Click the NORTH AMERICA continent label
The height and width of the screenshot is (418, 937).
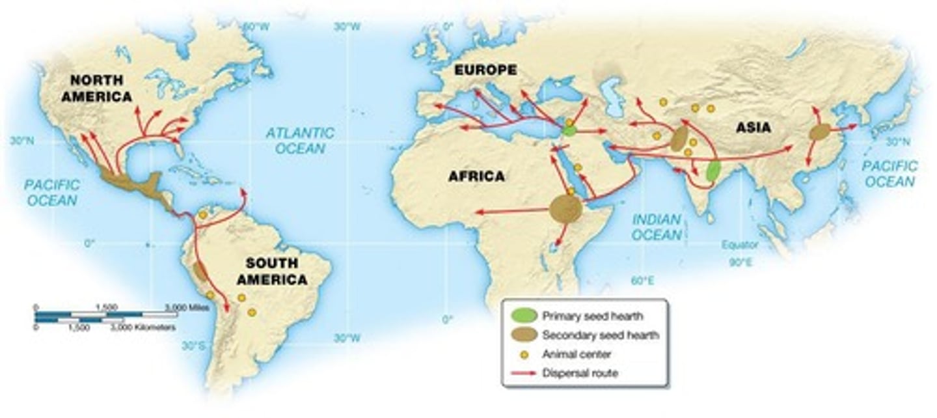point(101,88)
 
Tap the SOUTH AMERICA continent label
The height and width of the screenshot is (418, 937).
point(272,272)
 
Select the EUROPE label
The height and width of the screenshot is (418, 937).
point(485,70)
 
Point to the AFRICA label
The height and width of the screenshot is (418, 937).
point(476,176)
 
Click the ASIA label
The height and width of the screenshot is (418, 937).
point(753,128)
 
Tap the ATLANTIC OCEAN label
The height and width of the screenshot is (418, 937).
point(300,140)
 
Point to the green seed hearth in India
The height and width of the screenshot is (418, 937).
point(713,171)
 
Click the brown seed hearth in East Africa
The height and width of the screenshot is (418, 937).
point(565,210)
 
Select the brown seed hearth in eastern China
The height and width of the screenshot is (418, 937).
point(820,132)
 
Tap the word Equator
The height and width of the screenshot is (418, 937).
point(740,245)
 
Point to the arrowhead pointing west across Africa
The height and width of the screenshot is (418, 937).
point(478,212)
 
